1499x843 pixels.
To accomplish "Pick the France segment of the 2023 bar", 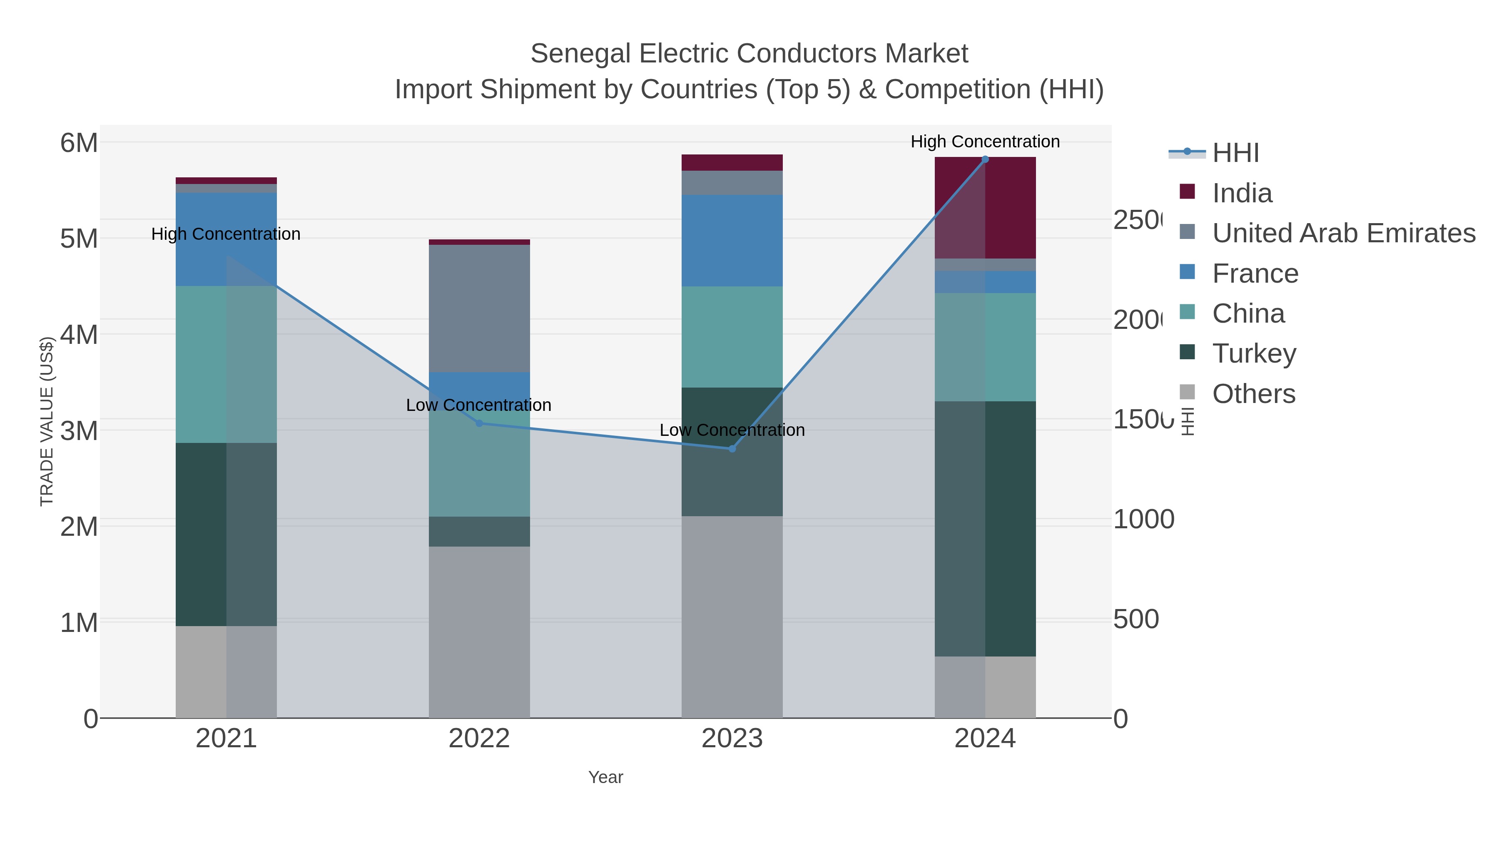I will tap(732, 240).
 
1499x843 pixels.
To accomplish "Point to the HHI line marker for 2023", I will tap(732, 448).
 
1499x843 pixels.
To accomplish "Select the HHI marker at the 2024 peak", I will tap(985, 159).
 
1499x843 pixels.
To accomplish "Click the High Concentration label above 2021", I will tap(226, 234).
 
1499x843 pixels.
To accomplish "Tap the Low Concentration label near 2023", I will tap(732, 430).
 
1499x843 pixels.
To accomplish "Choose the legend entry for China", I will tap(1248, 313).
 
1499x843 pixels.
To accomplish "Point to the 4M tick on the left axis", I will tap(79, 335).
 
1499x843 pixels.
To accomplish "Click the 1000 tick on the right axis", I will tap(1143, 520).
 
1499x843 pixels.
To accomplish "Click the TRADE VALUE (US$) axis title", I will tap(47, 421).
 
